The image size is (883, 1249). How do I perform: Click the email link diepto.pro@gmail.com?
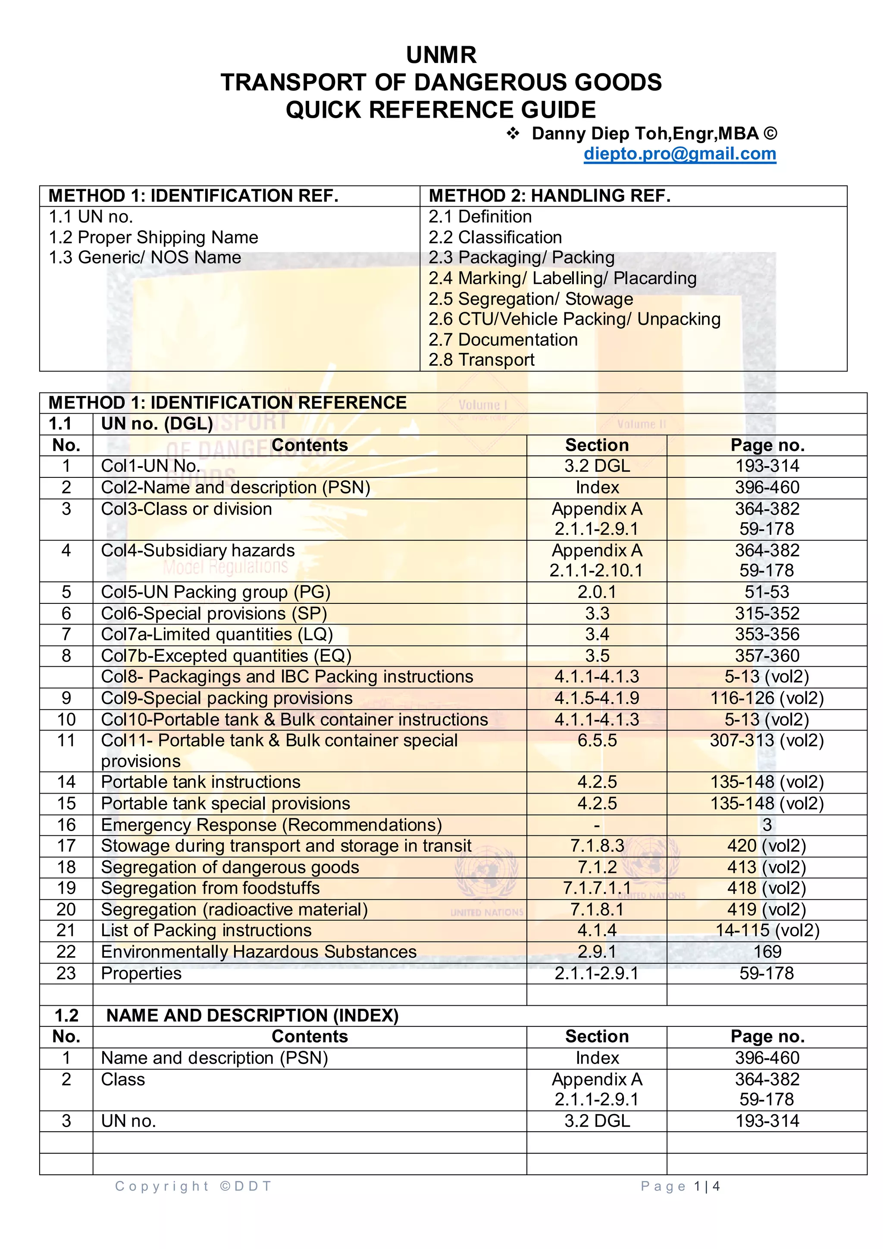679,154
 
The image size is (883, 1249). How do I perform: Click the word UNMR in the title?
441,55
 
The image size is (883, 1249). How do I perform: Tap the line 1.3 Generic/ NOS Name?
144,257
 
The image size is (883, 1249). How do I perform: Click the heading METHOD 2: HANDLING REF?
549,196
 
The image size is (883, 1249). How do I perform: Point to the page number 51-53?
767,592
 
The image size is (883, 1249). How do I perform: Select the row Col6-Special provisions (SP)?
214,613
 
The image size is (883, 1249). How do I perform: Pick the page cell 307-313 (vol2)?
767,741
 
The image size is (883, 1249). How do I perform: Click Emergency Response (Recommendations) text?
271,825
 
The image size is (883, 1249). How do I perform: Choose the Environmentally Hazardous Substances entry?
259,951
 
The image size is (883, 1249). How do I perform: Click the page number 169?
767,951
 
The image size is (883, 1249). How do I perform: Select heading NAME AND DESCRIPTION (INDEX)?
252,1016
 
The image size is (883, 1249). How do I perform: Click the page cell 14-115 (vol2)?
767,930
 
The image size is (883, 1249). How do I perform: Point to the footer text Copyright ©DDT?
193,1186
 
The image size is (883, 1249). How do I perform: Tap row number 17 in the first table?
66,846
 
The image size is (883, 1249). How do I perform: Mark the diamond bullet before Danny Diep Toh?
513,133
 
